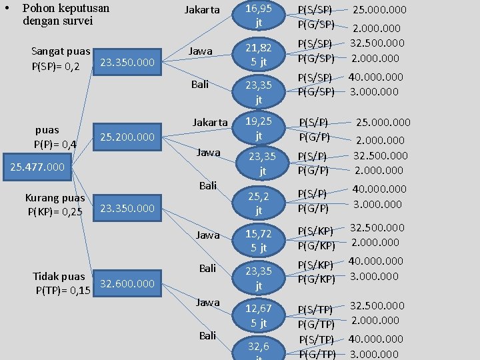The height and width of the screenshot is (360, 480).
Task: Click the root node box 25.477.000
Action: [x=39, y=166]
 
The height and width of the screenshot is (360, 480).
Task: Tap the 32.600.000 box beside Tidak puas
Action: [x=127, y=283]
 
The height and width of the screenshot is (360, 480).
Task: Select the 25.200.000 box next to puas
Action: [x=127, y=137]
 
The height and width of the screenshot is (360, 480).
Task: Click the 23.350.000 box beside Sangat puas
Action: [x=127, y=62]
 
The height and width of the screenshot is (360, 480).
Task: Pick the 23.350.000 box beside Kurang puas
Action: [x=127, y=209]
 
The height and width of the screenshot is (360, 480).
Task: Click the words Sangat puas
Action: [x=61, y=51]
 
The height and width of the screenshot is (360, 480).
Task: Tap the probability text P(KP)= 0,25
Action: [x=55, y=212]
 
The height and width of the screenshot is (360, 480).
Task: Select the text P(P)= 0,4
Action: [x=55, y=144]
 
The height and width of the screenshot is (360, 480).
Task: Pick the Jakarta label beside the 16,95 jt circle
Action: [x=203, y=10]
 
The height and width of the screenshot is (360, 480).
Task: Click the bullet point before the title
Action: [x=6, y=9]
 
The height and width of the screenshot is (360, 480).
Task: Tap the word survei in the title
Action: [x=76, y=21]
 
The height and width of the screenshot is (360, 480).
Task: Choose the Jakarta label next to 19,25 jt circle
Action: [x=210, y=123]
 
